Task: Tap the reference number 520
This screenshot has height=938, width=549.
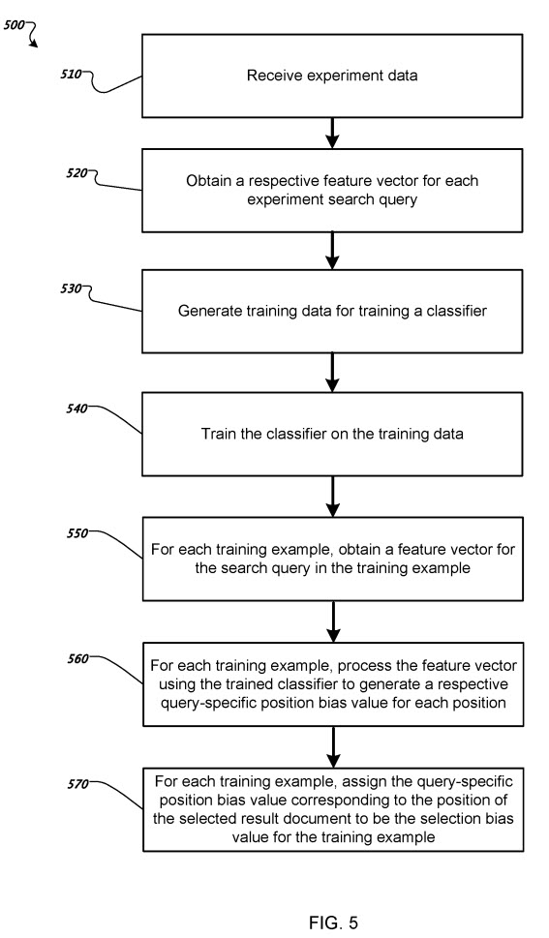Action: (77, 173)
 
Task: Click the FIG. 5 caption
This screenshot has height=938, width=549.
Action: (333, 923)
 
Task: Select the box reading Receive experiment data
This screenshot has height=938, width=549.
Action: (333, 76)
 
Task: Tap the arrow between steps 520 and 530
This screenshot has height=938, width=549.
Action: (333, 249)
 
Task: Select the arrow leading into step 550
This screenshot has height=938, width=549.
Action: (333, 497)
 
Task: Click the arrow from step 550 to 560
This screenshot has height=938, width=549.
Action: (333, 620)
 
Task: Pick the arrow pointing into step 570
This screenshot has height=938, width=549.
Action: (333, 744)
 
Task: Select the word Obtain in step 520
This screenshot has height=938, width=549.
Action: (209, 180)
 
